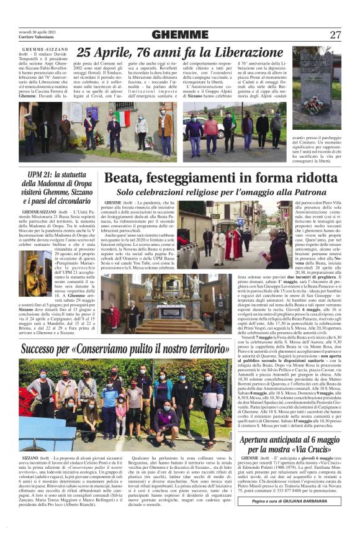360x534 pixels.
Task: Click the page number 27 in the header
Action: click(335, 35)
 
